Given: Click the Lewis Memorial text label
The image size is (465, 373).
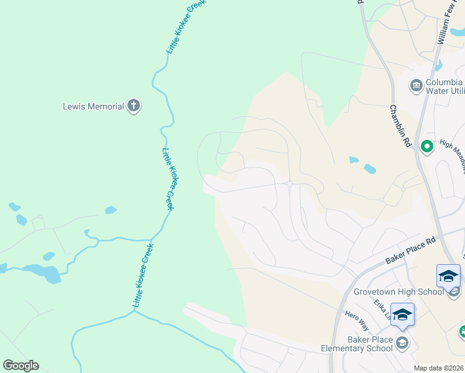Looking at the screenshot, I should (93, 106).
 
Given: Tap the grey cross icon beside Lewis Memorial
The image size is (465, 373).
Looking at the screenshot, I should (133, 106).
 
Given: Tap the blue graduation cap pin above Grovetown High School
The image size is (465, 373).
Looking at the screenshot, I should (448, 275).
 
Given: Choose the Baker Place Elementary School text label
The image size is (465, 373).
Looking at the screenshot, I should (357, 344).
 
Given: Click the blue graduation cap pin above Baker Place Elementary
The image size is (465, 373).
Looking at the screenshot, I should (402, 315).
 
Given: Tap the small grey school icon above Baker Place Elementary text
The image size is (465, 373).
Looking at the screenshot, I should (402, 342).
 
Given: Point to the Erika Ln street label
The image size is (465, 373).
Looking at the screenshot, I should (381, 310).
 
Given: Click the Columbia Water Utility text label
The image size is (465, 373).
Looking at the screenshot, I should (444, 86).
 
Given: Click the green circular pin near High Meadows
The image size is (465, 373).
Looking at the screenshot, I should (427, 147).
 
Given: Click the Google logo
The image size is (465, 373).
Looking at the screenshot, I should (21, 366).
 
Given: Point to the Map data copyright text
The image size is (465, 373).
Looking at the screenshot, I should (439, 368).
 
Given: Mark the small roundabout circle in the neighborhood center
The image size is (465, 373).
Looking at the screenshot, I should (290, 183).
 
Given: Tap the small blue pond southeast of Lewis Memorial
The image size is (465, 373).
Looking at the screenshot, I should (111, 210).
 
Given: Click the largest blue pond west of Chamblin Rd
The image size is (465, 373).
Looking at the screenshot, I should (369, 168).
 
